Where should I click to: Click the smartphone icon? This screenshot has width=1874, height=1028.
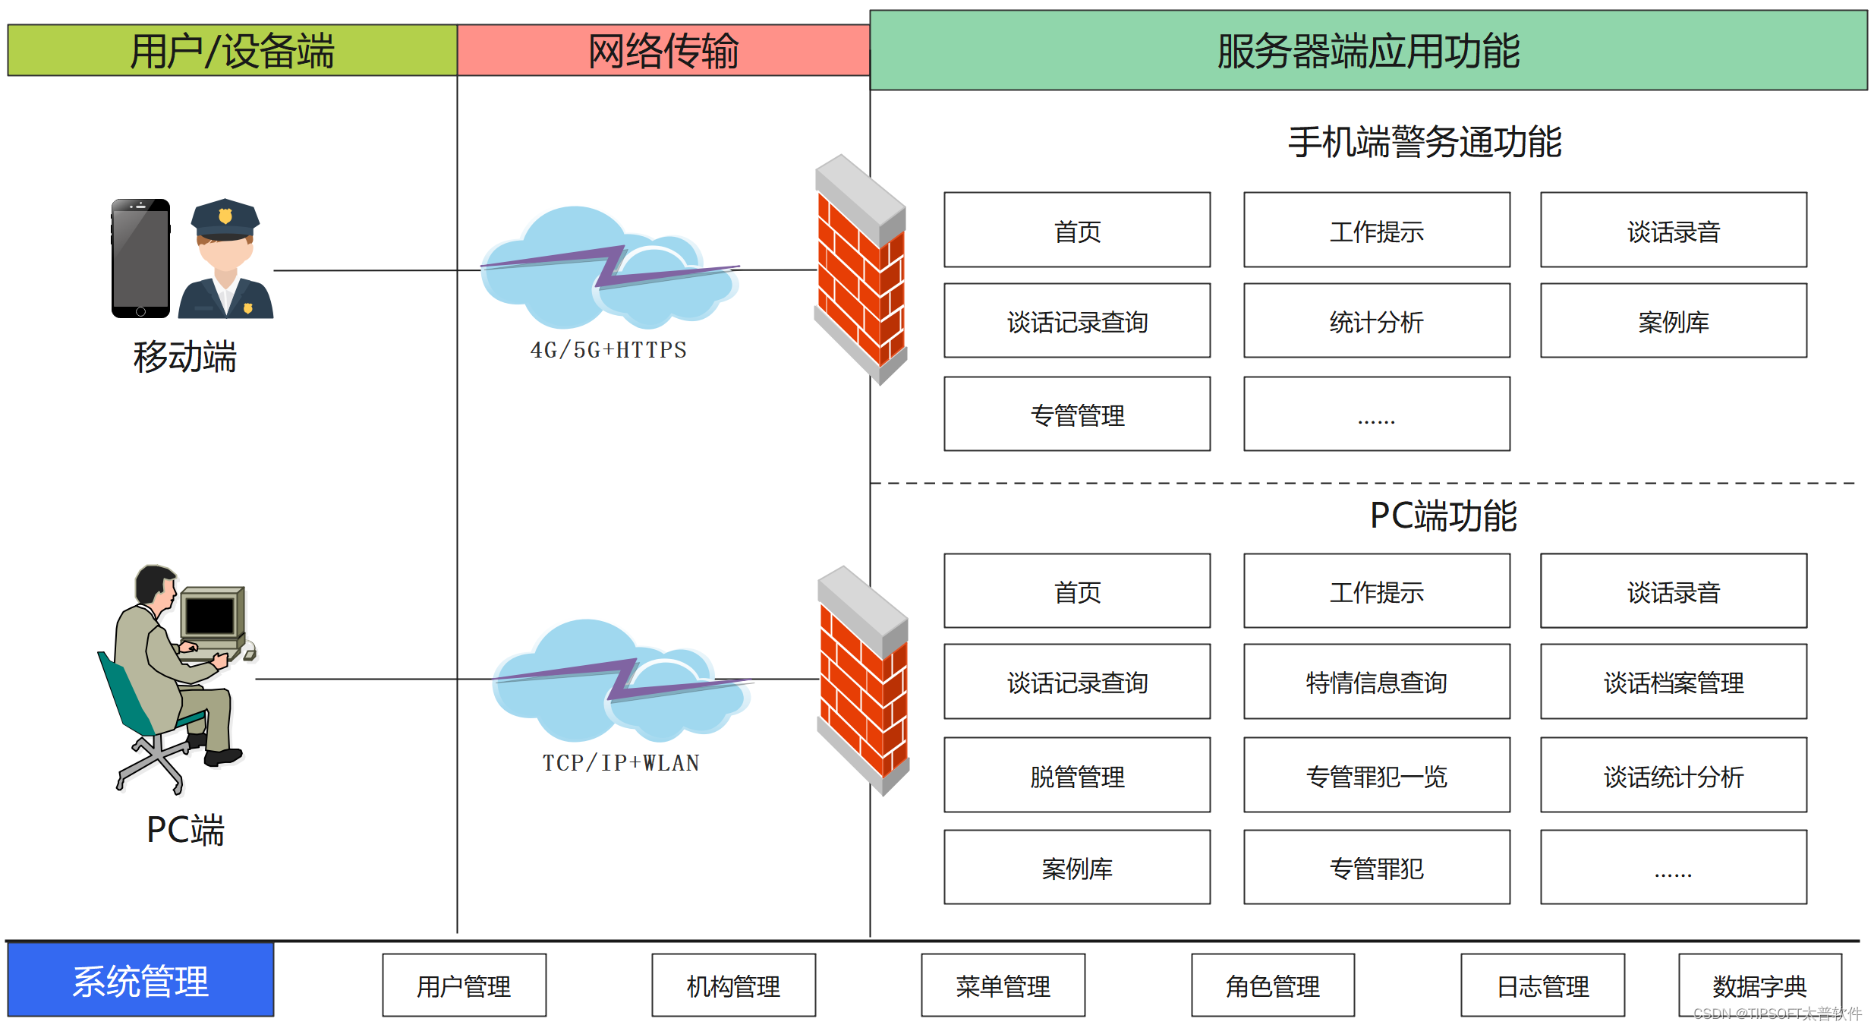pyautogui.click(x=140, y=258)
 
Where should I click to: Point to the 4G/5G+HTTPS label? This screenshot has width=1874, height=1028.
pyautogui.click(x=608, y=350)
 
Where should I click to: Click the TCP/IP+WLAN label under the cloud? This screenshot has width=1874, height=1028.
pyautogui.click(x=621, y=762)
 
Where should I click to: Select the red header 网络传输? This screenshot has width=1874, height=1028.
pyautogui.click(x=663, y=50)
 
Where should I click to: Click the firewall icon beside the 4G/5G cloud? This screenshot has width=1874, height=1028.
pyautogui.click(x=861, y=270)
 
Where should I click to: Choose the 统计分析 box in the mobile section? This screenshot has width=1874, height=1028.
pyautogui.click(x=1376, y=320)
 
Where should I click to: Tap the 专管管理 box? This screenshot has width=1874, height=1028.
pyautogui.click(x=1077, y=414)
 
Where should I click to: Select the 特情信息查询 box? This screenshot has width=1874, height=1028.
pyautogui.click(x=1376, y=682)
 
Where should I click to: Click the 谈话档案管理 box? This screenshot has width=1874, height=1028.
pyautogui.click(x=1673, y=682)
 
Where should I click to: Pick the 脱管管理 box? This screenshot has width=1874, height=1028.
pyautogui.click(x=1077, y=775)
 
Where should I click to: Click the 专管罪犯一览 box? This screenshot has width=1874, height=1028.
pyautogui.click(x=1376, y=775)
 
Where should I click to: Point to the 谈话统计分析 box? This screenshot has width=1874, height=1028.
pyautogui.click(x=1673, y=775)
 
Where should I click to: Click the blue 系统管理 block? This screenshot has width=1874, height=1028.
pyautogui.click(x=140, y=979)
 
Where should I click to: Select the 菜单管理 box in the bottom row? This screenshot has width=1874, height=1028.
pyautogui.click(x=1003, y=985)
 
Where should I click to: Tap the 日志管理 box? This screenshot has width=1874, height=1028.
pyautogui.click(x=1542, y=985)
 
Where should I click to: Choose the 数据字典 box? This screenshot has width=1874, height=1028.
pyautogui.click(x=1759, y=985)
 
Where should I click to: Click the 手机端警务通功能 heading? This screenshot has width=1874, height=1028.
pyautogui.click(x=1425, y=142)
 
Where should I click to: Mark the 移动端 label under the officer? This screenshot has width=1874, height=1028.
pyautogui.click(x=184, y=356)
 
